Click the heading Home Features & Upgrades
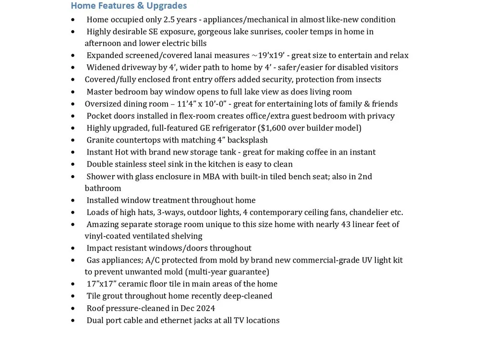click(x=129, y=6)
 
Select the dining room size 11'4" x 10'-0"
click(x=205, y=104)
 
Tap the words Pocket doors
click(x=110, y=116)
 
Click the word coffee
click(x=300, y=152)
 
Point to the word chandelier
click(x=367, y=212)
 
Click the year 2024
click(x=205, y=308)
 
